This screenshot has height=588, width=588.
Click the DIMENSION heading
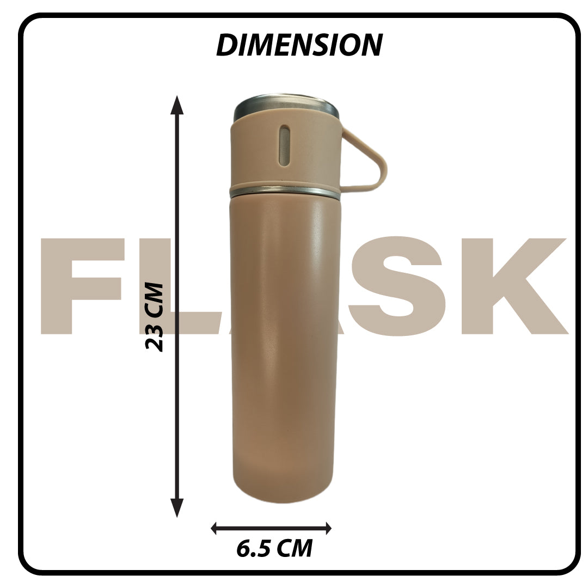[x=299, y=45]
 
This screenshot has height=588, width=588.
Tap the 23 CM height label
[x=155, y=317]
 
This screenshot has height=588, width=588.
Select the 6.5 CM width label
[x=274, y=549]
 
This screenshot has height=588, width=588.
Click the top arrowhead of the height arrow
[x=177, y=105]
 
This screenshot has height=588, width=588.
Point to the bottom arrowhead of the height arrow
[x=177, y=508]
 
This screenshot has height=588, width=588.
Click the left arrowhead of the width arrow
[x=215, y=528]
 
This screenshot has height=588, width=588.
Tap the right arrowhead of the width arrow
[x=328, y=528]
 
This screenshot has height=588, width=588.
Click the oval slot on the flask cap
[x=285, y=145]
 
